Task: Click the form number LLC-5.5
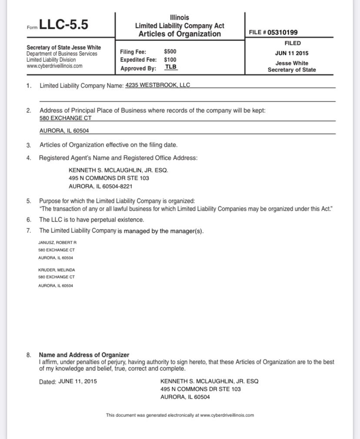click(x=63, y=25)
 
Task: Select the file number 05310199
click(x=283, y=32)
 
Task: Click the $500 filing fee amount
click(x=170, y=51)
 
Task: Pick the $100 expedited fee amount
click(x=170, y=60)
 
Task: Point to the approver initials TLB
click(x=171, y=67)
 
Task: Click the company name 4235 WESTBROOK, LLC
click(x=157, y=85)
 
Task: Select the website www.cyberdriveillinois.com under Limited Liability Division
click(x=54, y=66)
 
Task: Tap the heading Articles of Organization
click(x=180, y=34)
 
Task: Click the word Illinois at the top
click(x=180, y=18)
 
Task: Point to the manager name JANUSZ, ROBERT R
click(x=57, y=242)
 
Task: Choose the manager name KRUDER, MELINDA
click(x=57, y=270)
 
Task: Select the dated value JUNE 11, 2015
click(x=77, y=381)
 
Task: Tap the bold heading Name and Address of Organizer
click(x=84, y=355)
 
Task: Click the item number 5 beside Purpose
click(x=29, y=201)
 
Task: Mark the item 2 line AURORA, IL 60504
click(x=64, y=131)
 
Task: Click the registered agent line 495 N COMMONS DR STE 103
click(x=109, y=178)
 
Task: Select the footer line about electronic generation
click(x=180, y=415)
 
